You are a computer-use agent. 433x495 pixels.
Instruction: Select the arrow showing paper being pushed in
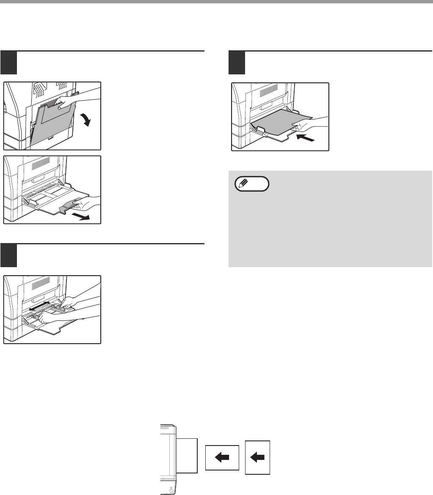click(x=306, y=138)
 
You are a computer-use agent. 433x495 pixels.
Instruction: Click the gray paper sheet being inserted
click(x=279, y=123)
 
